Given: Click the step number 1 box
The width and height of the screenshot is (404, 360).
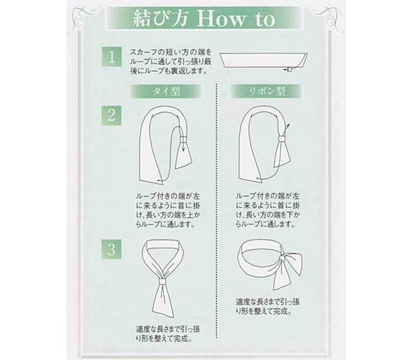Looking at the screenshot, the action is pyautogui.click(x=112, y=57).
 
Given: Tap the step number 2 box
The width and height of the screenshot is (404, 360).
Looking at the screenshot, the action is pyautogui.click(x=112, y=116).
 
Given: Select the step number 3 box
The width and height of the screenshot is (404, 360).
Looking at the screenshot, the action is pyautogui.click(x=112, y=249).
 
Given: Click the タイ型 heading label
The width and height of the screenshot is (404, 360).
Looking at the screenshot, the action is pyautogui.click(x=166, y=92).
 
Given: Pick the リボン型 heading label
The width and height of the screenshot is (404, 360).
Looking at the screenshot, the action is pyautogui.click(x=267, y=92).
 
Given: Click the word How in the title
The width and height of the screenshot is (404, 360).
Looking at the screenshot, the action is pyautogui.click(x=221, y=18).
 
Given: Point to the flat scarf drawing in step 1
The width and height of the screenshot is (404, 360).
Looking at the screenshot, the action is pyautogui.click(x=264, y=61).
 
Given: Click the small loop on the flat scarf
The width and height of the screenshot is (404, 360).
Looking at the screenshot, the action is pyautogui.click(x=289, y=69).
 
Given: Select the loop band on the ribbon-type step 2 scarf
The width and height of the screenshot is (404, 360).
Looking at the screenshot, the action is pyautogui.click(x=283, y=138).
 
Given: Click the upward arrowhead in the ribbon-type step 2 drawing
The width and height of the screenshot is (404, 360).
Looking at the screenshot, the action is pyautogui.click(x=288, y=126).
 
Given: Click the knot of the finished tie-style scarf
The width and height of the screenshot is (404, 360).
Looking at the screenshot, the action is pyautogui.click(x=162, y=281).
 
